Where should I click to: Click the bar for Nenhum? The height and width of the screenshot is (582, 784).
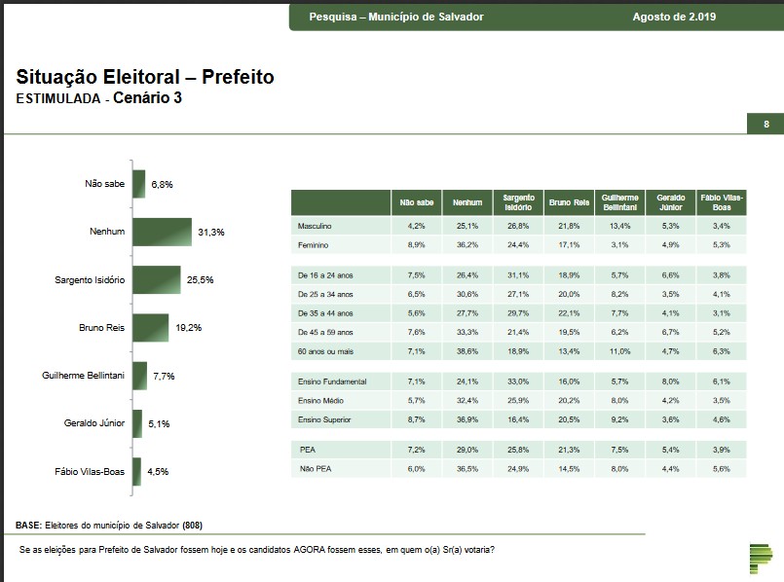point(162,233)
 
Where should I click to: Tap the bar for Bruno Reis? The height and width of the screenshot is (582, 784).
point(150,328)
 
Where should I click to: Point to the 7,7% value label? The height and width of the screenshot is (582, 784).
point(165,376)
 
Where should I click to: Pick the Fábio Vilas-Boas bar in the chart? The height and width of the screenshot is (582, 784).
point(137,471)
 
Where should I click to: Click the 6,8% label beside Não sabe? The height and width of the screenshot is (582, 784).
point(162,185)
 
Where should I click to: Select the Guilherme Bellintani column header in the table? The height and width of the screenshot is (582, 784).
point(619,202)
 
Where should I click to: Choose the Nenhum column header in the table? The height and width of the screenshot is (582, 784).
point(467,202)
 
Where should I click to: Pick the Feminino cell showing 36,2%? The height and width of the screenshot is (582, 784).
point(467,244)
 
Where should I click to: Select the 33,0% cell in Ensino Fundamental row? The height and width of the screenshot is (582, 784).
point(518,381)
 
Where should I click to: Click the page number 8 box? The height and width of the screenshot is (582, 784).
point(765,125)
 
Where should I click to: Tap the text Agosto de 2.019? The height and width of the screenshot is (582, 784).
point(674,17)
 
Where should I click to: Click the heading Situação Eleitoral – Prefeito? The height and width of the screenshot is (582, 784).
point(145,77)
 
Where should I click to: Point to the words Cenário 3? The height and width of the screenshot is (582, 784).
point(147,98)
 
